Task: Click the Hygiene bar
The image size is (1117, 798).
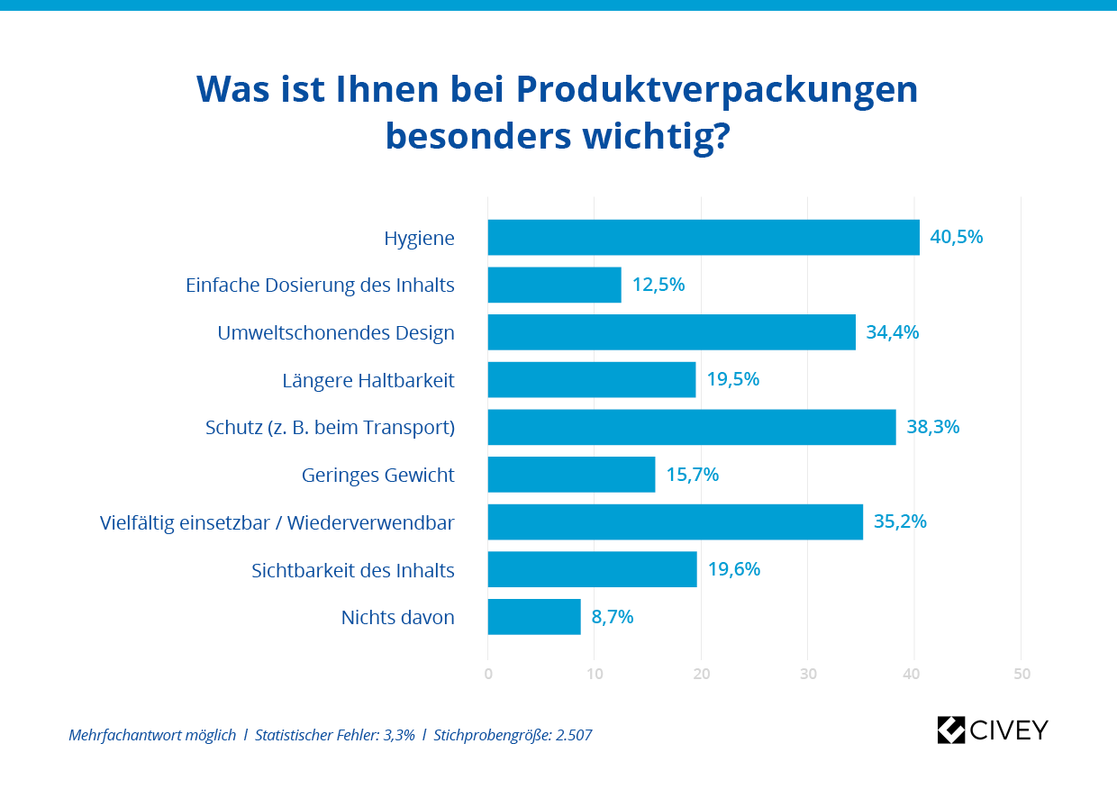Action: pos(703,238)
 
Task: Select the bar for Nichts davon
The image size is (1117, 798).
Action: pos(534,617)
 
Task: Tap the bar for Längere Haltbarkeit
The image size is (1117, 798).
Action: pos(591,379)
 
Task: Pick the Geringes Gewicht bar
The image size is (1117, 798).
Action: pos(571,475)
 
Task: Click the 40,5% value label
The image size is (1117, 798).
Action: pos(956,238)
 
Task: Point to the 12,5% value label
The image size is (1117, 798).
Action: pos(658,285)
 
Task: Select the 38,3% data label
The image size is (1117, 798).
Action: pos(932,427)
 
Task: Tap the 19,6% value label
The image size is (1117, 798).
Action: pos(733,569)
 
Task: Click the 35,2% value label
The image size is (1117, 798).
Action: pos(900,521)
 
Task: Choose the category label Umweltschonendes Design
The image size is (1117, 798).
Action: pos(336,333)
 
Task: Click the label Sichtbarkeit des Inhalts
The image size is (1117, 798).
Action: pos(353,570)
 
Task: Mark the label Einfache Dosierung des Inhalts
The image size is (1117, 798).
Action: pos(320,286)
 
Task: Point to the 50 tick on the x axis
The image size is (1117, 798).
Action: pos(1021,674)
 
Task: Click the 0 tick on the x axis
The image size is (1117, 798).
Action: pos(488,674)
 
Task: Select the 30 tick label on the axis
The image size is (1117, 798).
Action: pos(808,674)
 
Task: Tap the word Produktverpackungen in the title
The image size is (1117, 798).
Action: pos(717,89)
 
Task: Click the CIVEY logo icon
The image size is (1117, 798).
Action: pos(951,730)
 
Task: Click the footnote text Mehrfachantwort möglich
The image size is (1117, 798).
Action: pos(152,735)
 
